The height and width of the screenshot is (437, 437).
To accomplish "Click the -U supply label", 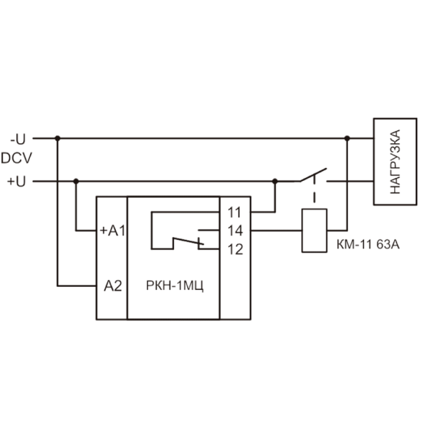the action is [x=18, y=139].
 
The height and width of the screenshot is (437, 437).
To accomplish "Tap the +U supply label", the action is [x=16, y=182].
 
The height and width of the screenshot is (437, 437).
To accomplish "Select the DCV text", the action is [x=16, y=158].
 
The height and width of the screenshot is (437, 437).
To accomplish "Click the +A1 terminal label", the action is [x=113, y=231].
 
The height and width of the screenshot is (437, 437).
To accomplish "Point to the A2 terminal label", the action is [x=113, y=286].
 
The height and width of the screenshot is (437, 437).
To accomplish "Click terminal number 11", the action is [x=234, y=212].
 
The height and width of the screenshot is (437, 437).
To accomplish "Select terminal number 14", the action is [x=235, y=231].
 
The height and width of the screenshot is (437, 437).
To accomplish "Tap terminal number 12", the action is [x=235, y=249].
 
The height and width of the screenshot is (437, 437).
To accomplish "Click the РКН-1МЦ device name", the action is [x=175, y=286].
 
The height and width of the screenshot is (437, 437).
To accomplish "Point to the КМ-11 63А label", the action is [x=368, y=245].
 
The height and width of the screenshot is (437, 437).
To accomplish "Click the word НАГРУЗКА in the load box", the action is [x=395, y=162].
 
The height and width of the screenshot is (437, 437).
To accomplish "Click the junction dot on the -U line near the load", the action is [x=347, y=138].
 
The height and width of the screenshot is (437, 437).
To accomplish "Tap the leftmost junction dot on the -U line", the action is [x=58, y=138].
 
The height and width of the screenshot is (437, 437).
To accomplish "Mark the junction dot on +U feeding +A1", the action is [x=76, y=182].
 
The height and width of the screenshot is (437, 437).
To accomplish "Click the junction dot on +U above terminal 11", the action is [x=275, y=182].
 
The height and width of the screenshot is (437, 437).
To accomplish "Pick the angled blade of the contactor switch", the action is [x=314, y=175].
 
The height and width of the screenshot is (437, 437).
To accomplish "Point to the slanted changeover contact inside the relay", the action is [x=189, y=242].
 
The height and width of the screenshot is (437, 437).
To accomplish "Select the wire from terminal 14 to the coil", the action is [x=277, y=231].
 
